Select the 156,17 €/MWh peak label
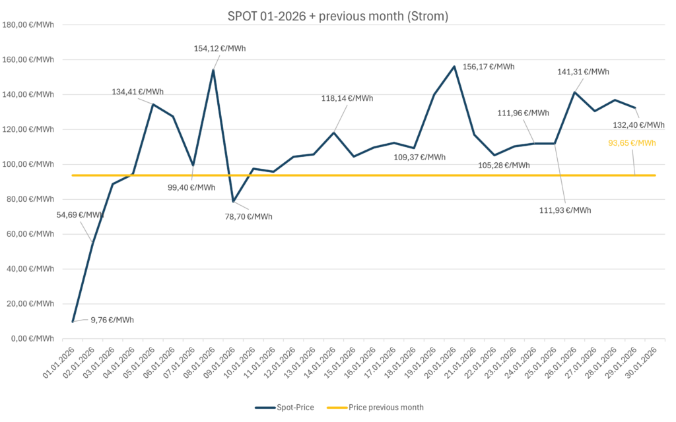[x=489, y=67]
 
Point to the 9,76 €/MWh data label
[x=112, y=320]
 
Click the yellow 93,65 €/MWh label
[x=632, y=143]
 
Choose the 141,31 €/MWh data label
[x=584, y=72]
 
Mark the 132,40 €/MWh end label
[x=639, y=125]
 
